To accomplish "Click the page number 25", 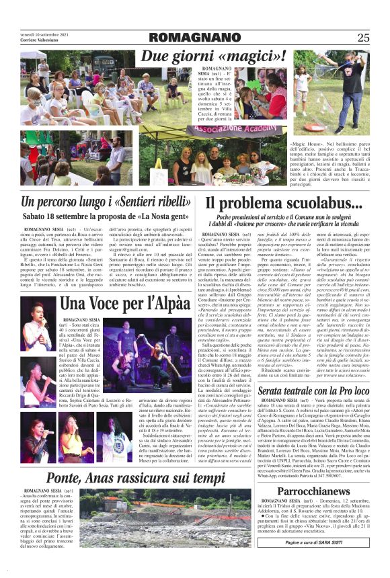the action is (x=363, y=38).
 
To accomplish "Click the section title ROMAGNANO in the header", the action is (x=194, y=37).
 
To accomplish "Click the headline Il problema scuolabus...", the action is (x=284, y=203).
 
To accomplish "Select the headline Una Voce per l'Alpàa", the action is (x=126, y=303).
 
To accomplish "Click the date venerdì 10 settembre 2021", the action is (x=43, y=34).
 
